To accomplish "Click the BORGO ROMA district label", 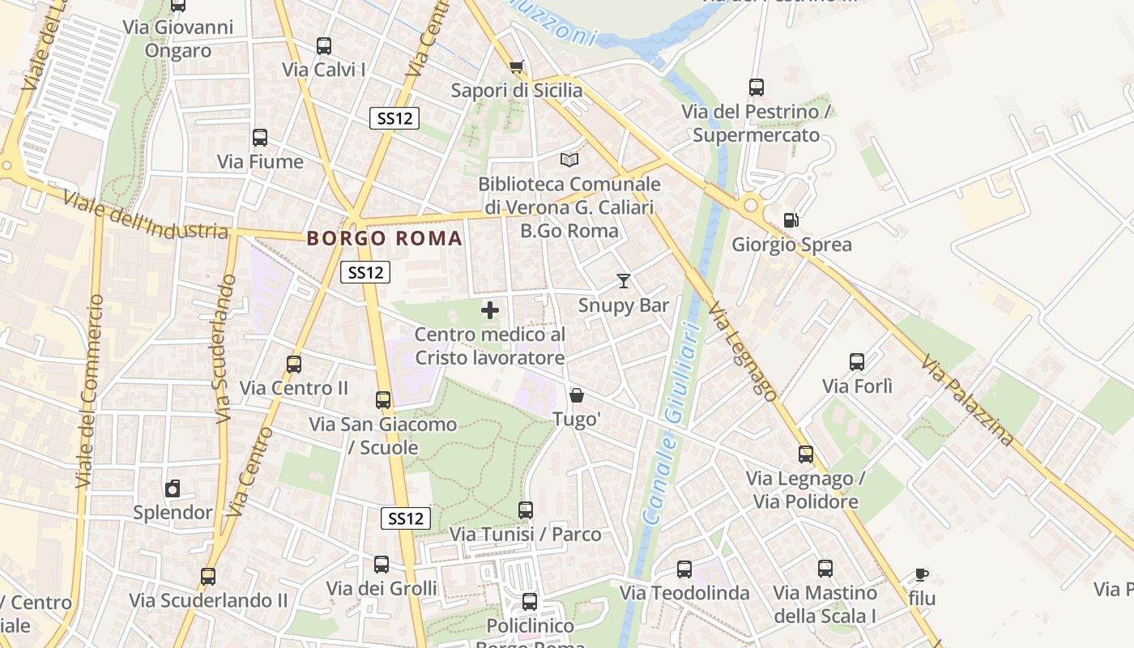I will click(x=385, y=238).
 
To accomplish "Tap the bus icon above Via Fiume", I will click(x=260, y=138).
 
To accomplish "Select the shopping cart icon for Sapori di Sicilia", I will click(x=516, y=66).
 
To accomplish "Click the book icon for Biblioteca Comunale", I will click(x=569, y=160).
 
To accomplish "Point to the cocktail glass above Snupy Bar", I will click(x=623, y=281).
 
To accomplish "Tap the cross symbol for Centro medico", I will click(x=490, y=310).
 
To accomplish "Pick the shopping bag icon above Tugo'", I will click(x=576, y=395).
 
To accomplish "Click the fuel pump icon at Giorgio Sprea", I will click(x=791, y=220).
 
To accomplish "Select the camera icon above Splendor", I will click(x=172, y=488).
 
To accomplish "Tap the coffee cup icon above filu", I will click(x=921, y=575).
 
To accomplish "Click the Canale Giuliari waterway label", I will click(x=671, y=421).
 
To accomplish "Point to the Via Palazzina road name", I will click(x=967, y=402).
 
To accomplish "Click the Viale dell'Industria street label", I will click(x=146, y=215).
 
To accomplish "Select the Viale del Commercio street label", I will click(x=90, y=391).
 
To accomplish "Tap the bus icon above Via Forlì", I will click(x=857, y=362).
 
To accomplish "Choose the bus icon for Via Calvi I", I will click(x=324, y=46).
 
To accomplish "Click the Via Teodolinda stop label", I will click(x=684, y=593).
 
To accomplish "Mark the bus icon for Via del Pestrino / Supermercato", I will click(x=757, y=87).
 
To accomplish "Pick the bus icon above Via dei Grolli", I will click(x=382, y=564).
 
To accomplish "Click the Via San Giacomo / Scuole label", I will click(x=383, y=436).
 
